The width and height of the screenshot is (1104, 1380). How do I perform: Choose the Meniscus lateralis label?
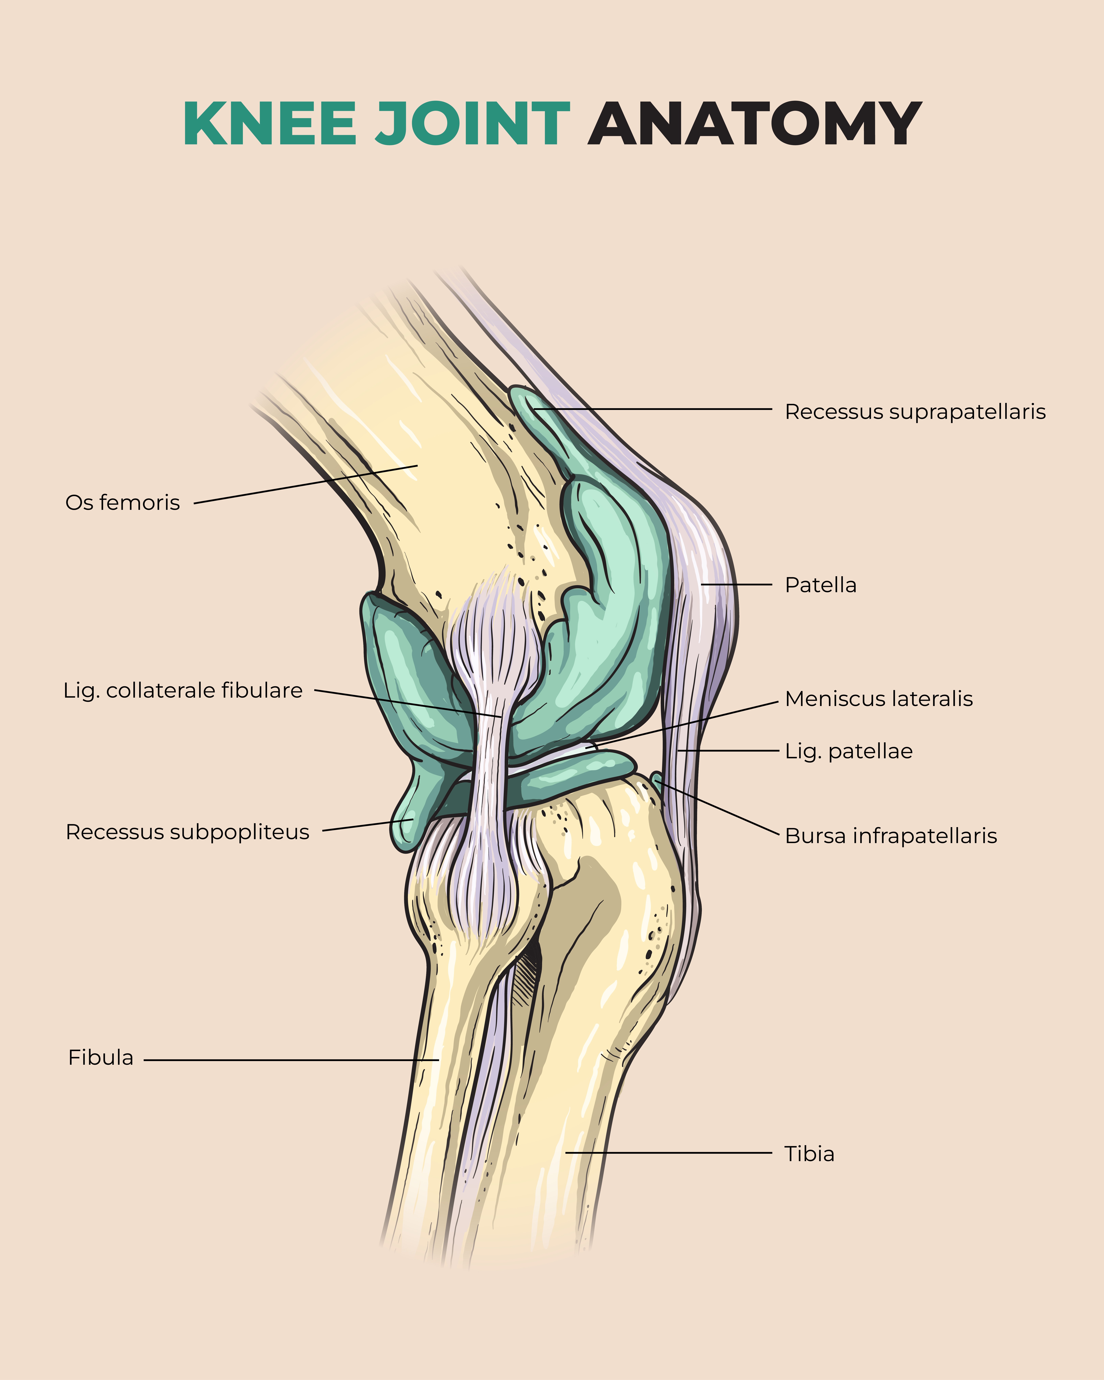878,699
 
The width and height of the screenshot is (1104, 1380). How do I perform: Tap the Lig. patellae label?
849,751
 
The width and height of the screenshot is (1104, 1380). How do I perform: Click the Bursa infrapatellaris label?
890,836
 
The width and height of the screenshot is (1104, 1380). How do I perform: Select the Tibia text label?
809,1154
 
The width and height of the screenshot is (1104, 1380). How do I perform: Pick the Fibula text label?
100,1057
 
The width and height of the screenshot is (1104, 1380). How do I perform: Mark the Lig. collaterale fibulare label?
182,691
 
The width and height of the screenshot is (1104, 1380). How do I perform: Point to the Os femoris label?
122,502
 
